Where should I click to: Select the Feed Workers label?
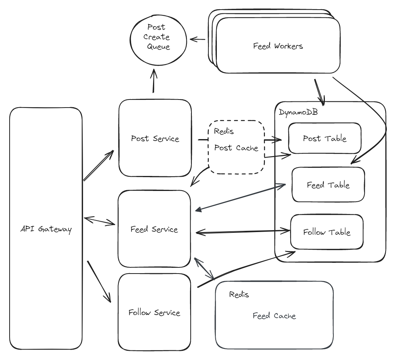point(278,46)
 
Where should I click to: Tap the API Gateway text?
point(46,230)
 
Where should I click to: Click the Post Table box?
point(324,138)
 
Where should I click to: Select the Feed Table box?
point(328,185)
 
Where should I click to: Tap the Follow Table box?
point(326,232)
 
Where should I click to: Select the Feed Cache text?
point(274,316)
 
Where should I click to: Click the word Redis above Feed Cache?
point(239,295)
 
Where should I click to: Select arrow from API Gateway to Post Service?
point(99,165)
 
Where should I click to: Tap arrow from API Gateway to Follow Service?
point(99,282)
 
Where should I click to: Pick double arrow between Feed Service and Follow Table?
point(243,232)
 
